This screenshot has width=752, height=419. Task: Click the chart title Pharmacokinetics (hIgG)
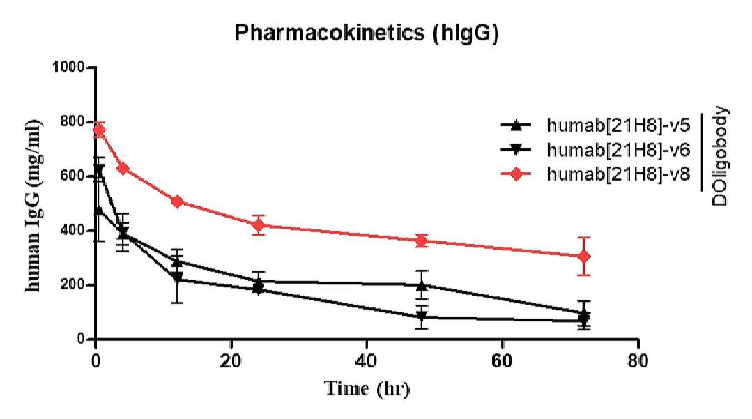click(x=367, y=33)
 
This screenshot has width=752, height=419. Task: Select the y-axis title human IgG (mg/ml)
click(x=33, y=206)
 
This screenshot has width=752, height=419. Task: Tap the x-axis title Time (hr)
click(x=367, y=388)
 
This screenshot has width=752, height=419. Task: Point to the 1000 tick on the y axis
click(x=68, y=67)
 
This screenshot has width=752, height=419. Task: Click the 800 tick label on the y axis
click(x=72, y=122)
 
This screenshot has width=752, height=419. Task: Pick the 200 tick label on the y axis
click(x=72, y=285)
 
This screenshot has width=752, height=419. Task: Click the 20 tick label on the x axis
click(x=231, y=361)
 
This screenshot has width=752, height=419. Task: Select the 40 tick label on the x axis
click(x=367, y=361)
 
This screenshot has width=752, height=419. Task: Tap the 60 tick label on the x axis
click(x=502, y=361)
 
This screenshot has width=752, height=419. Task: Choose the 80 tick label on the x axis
click(x=638, y=361)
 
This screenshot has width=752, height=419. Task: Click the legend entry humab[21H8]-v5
click(x=595, y=125)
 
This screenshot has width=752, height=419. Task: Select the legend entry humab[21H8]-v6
click(x=595, y=150)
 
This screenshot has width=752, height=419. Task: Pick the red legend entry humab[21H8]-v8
click(x=595, y=174)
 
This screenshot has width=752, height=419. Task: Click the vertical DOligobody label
click(x=719, y=156)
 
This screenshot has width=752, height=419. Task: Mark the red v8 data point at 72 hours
click(x=583, y=257)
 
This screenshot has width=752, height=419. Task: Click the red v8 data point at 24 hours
click(x=259, y=224)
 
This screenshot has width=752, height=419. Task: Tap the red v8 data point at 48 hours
click(x=421, y=241)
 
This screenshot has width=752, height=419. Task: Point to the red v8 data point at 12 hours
click(x=177, y=201)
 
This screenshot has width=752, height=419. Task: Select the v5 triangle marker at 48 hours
click(x=421, y=286)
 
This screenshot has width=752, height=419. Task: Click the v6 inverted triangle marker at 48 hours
click(x=421, y=317)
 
